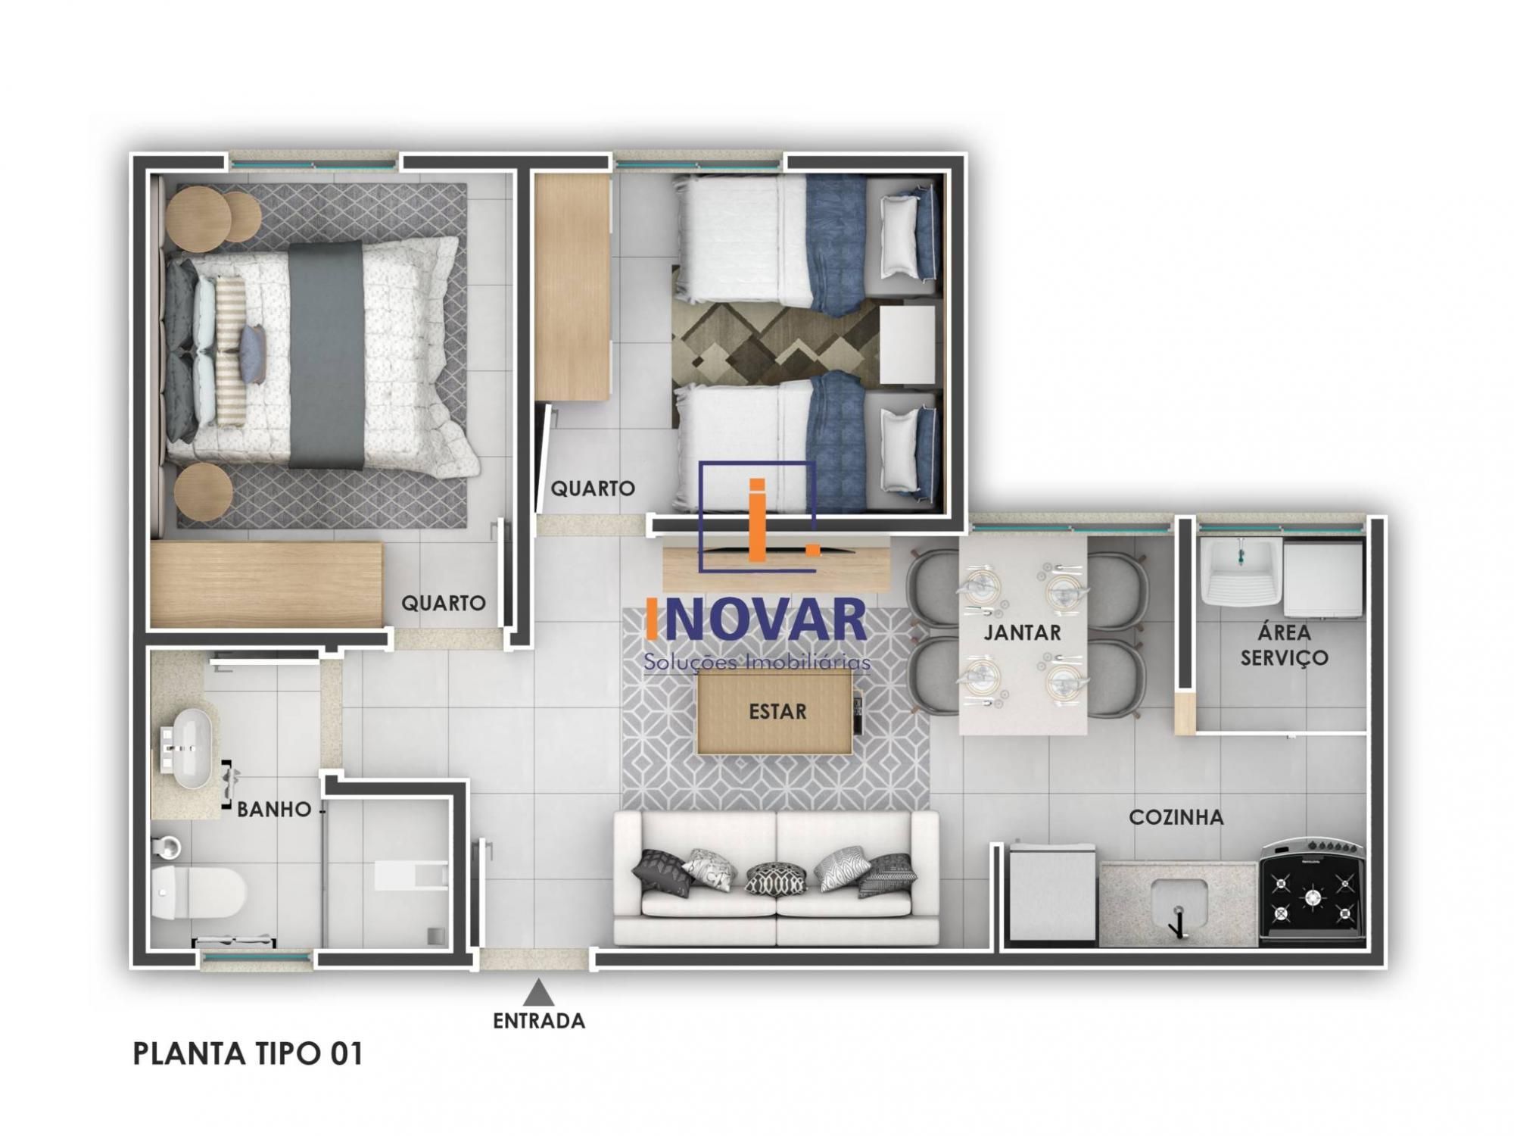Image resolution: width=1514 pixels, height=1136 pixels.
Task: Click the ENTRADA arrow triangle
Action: click(537, 991)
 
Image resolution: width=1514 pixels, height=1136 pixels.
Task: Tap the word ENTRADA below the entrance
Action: click(539, 1021)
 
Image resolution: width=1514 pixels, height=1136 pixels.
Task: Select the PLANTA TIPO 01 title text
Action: click(248, 1054)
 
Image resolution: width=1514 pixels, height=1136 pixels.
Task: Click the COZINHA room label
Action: click(1176, 817)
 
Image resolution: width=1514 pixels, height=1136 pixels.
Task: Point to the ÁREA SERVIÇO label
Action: click(1284, 644)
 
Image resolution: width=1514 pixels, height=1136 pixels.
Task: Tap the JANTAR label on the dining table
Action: click(1022, 632)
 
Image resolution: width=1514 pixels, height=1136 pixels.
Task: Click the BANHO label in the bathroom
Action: click(274, 810)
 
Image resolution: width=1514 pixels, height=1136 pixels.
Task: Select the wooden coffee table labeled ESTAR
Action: click(773, 712)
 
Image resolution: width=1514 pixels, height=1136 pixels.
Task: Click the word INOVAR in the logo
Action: click(755, 619)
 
